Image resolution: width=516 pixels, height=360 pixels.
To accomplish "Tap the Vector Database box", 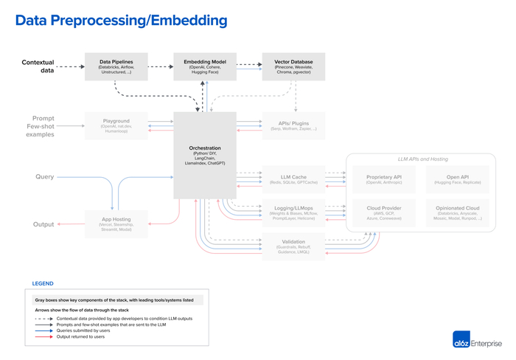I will point(293,66).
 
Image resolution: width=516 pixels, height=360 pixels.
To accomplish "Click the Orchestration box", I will point(205,155).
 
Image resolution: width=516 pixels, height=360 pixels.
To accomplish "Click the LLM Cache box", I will point(293,180).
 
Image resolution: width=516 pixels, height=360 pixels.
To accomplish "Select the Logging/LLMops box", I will point(293,213).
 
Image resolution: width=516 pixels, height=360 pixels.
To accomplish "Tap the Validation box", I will point(293,246).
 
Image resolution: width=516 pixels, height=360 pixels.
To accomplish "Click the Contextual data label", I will point(38,66).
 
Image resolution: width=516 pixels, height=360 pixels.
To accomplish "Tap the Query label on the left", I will point(43,177).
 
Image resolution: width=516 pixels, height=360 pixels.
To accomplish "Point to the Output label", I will point(43,224).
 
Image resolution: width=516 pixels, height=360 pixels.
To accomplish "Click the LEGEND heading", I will point(42,283).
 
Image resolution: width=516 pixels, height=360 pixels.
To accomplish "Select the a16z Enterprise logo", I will point(477,341).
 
